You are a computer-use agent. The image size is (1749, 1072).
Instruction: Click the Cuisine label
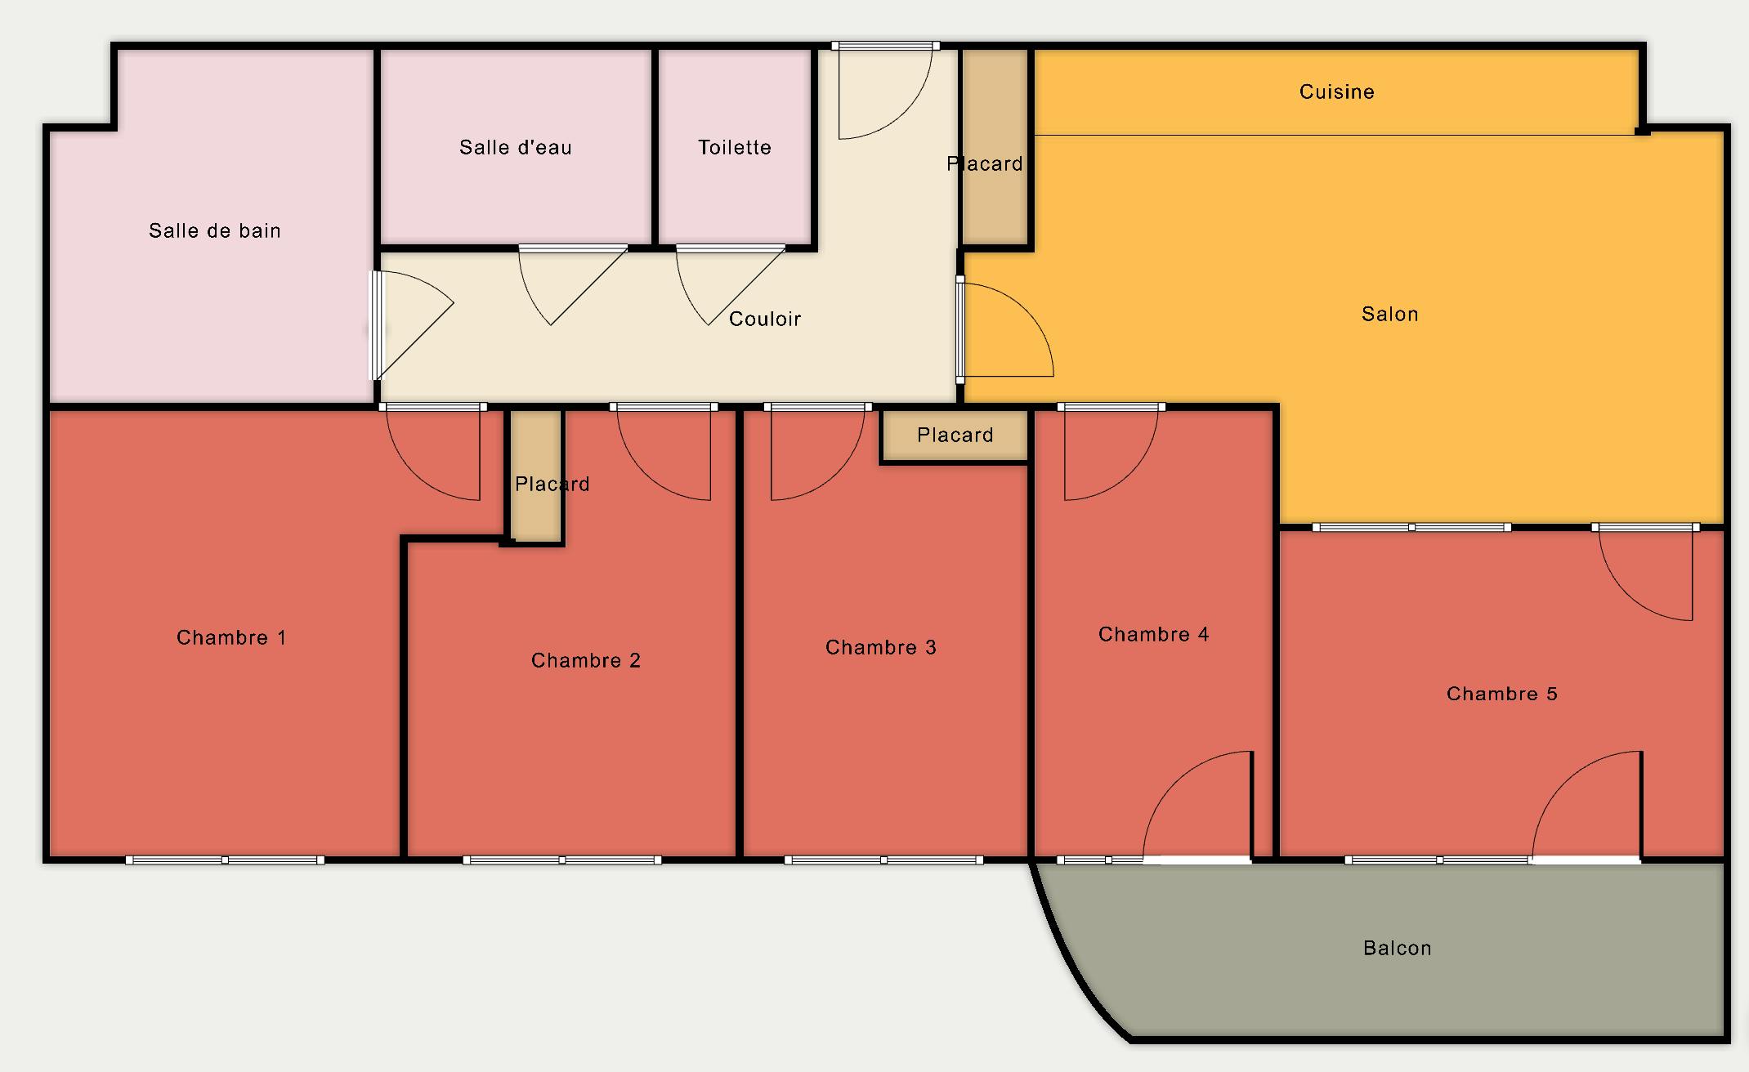coord(1336,92)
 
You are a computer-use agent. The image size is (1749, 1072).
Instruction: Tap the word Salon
coord(1389,314)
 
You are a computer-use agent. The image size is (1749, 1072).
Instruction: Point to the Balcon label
coord(1397,948)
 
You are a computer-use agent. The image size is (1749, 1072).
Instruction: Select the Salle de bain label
coord(214,230)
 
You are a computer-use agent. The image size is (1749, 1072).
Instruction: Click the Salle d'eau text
coord(515,147)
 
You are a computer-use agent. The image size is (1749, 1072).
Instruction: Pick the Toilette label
coord(734,147)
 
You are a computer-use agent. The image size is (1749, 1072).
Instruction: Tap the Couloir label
coord(764,319)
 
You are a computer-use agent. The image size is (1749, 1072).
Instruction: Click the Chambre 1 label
coord(231,637)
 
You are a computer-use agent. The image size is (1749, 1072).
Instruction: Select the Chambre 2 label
coord(585,660)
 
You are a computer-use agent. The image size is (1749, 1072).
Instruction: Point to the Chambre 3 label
coord(880,647)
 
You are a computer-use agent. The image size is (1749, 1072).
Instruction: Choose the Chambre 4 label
coord(1153,634)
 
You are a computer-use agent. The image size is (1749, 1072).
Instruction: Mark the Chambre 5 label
coord(1501,694)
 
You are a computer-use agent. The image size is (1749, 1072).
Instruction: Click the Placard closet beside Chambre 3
coord(955,435)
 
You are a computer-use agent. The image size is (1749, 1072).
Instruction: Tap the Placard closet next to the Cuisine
coord(994,147)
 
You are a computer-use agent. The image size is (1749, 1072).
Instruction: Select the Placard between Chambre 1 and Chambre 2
coord(537,476)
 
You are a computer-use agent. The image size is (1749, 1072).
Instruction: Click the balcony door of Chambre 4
coord(1197,806)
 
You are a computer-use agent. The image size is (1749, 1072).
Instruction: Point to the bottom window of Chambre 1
coord(225,860)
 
